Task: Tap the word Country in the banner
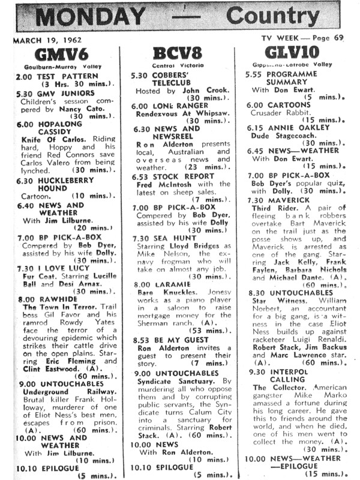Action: pos(281,17)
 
